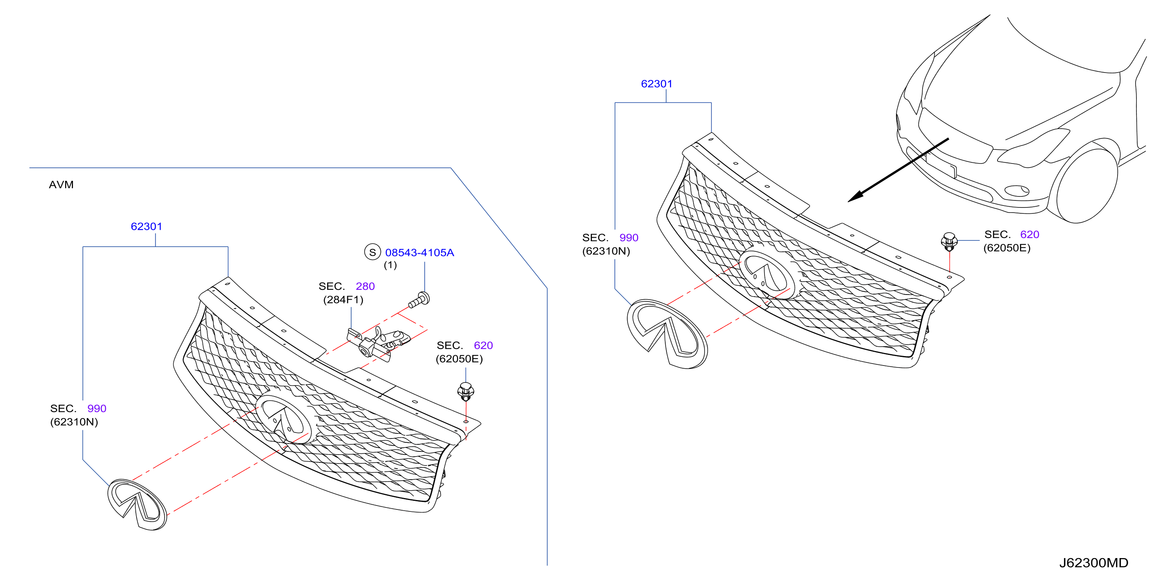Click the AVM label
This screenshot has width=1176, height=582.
61,185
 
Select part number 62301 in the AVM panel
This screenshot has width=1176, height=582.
147,226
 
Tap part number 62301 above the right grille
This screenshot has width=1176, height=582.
657,84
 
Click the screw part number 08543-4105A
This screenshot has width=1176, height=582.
420,253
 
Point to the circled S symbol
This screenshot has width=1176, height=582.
373,252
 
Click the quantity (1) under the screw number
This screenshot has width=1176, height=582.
390,265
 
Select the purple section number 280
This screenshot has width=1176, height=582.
365,286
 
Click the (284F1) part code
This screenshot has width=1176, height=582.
343,300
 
